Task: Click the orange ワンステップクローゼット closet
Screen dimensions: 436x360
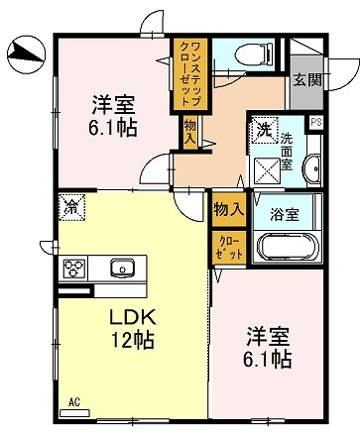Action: click(188, 74)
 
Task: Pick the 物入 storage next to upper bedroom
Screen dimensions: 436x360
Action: click(188, 131)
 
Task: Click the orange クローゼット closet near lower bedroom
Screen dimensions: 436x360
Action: click(228, 245)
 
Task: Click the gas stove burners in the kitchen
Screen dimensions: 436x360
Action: click(76, 268)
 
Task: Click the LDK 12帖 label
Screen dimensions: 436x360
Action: click(130, 330)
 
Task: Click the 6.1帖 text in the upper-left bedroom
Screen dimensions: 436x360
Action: click(112, 128)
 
